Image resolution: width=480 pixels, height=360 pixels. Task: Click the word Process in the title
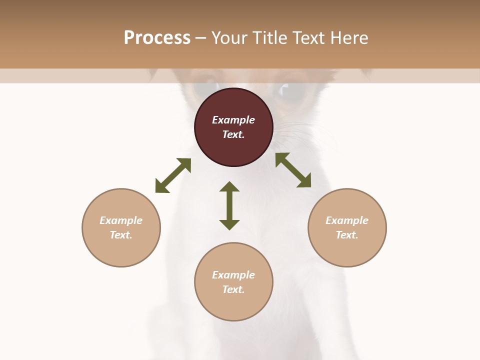157,38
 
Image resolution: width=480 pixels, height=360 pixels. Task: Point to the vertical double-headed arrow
229,205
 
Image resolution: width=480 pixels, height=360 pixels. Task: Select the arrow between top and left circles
173,175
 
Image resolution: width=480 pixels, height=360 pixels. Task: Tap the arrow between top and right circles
293,170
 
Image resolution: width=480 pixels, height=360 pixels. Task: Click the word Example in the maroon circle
233,120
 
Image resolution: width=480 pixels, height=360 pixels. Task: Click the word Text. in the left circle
121,235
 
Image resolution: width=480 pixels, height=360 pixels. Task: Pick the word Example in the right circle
347,220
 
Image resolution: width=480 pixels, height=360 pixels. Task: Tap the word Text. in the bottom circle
233,289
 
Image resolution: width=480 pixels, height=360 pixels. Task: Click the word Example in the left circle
121,220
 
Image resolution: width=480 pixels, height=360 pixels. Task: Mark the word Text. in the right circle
347,235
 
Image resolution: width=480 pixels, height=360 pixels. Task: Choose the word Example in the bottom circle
233,275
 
